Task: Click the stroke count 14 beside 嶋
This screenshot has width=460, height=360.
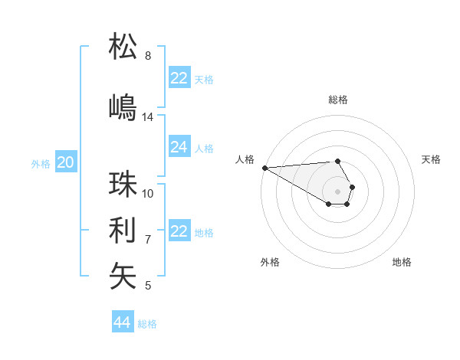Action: [x=148, y=117]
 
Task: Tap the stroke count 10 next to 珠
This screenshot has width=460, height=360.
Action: [x=148, y=193]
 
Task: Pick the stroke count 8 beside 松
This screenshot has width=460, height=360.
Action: [x=148, y=56]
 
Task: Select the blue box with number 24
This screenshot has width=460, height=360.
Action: [x=179, y=147]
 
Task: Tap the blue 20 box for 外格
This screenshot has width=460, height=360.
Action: [x=66, y=162]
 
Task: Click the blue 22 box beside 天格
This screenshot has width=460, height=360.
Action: [x=179, y=78]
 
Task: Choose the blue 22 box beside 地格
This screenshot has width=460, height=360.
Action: [x=179, y=231]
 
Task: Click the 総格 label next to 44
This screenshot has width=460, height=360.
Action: [x=147, y=324]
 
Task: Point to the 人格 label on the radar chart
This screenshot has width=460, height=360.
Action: [x=245, y=159]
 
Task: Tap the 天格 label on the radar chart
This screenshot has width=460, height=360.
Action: [x=431, y=159]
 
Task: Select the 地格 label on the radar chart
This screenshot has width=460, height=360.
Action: [x=402, y=262]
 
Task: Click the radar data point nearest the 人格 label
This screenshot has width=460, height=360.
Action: [x=264, y=168]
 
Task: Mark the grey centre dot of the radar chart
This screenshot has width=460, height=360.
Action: [x=337, y=191]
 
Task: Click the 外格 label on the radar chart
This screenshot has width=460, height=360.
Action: [x=270, y=262]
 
